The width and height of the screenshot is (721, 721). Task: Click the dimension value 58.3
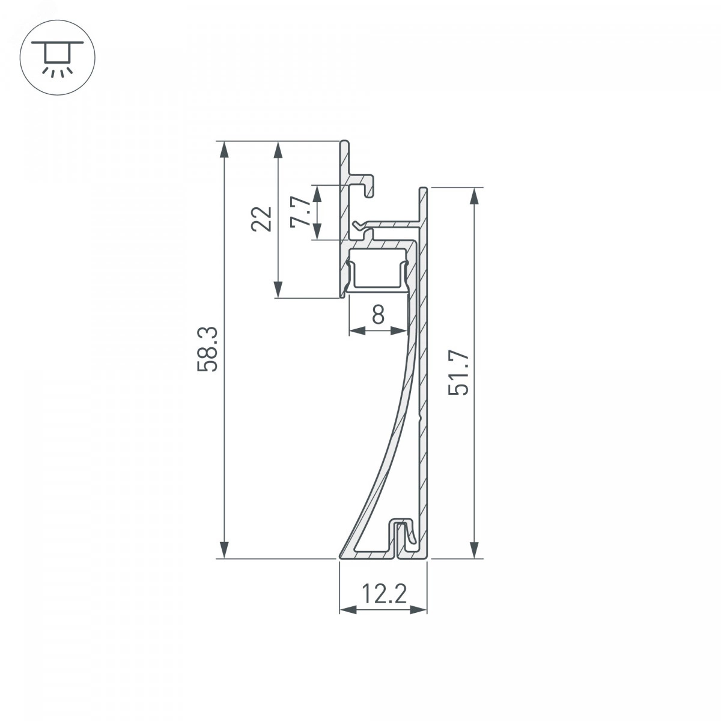pyautogui.click(x=207, y=349)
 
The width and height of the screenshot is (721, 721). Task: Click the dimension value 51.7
pyautogui.click(x=458, y=373)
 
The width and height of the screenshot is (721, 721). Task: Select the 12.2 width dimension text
pyautogui.click(x=384, y=594)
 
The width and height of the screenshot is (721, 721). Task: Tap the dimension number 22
pyautogui.click(x=261, y=219)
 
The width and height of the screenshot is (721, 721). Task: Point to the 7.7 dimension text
pyautogui.click(x=301, y=211)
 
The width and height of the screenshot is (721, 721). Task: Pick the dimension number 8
pyautogui.click(x=379, y=314)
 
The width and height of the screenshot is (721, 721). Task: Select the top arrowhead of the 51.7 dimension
pyautogui.click(x=475, y=196)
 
